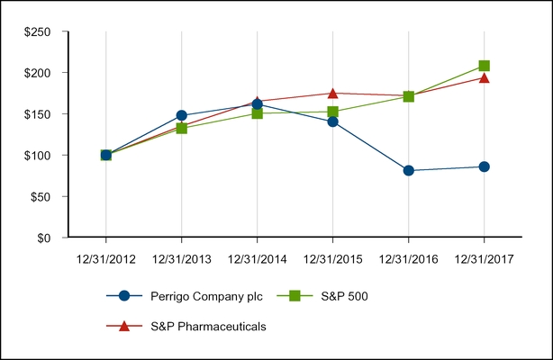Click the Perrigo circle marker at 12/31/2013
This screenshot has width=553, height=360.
(182, 115)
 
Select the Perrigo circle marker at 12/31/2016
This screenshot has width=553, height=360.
(409, 170)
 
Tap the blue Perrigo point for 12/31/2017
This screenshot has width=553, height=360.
(485, 166)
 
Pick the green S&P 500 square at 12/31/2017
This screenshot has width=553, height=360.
(485, 66)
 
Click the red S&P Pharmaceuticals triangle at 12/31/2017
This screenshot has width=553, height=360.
(485, 78)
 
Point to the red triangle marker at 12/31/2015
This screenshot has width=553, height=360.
(333, 93)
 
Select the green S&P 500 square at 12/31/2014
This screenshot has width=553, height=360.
(258, 113)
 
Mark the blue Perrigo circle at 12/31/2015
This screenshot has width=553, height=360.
(333, 121)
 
